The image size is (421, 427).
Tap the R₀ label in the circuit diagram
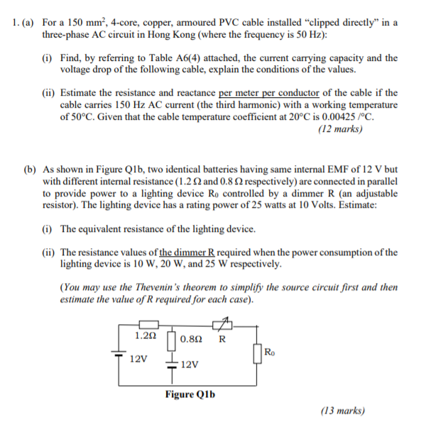click(268, 350)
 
